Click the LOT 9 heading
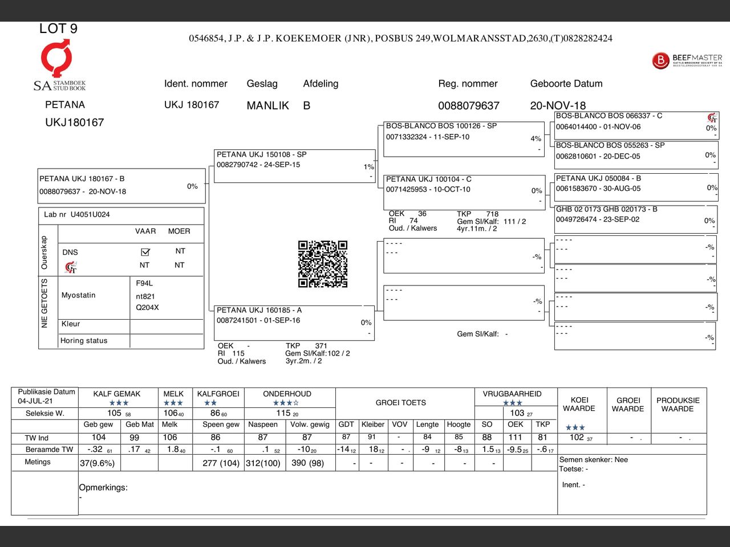pos(58,28)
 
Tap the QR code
pos(323,264)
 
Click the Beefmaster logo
pos(687,60)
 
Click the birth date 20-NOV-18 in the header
pos(558,105)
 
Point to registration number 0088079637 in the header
pos(468,105)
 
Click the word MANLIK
pos(267,105)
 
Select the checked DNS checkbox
pos(145,252)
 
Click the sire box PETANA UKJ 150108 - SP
pos(294,165)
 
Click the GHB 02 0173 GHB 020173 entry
pos(635,219)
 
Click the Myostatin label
pos(79,295)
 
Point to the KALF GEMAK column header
pos(117,394)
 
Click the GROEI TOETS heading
pos(400,403)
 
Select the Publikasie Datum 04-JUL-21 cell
pos(45,397)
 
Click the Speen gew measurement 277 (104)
pos(221,463)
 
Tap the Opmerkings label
pos(103,488)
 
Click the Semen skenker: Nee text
pos(593,460)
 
